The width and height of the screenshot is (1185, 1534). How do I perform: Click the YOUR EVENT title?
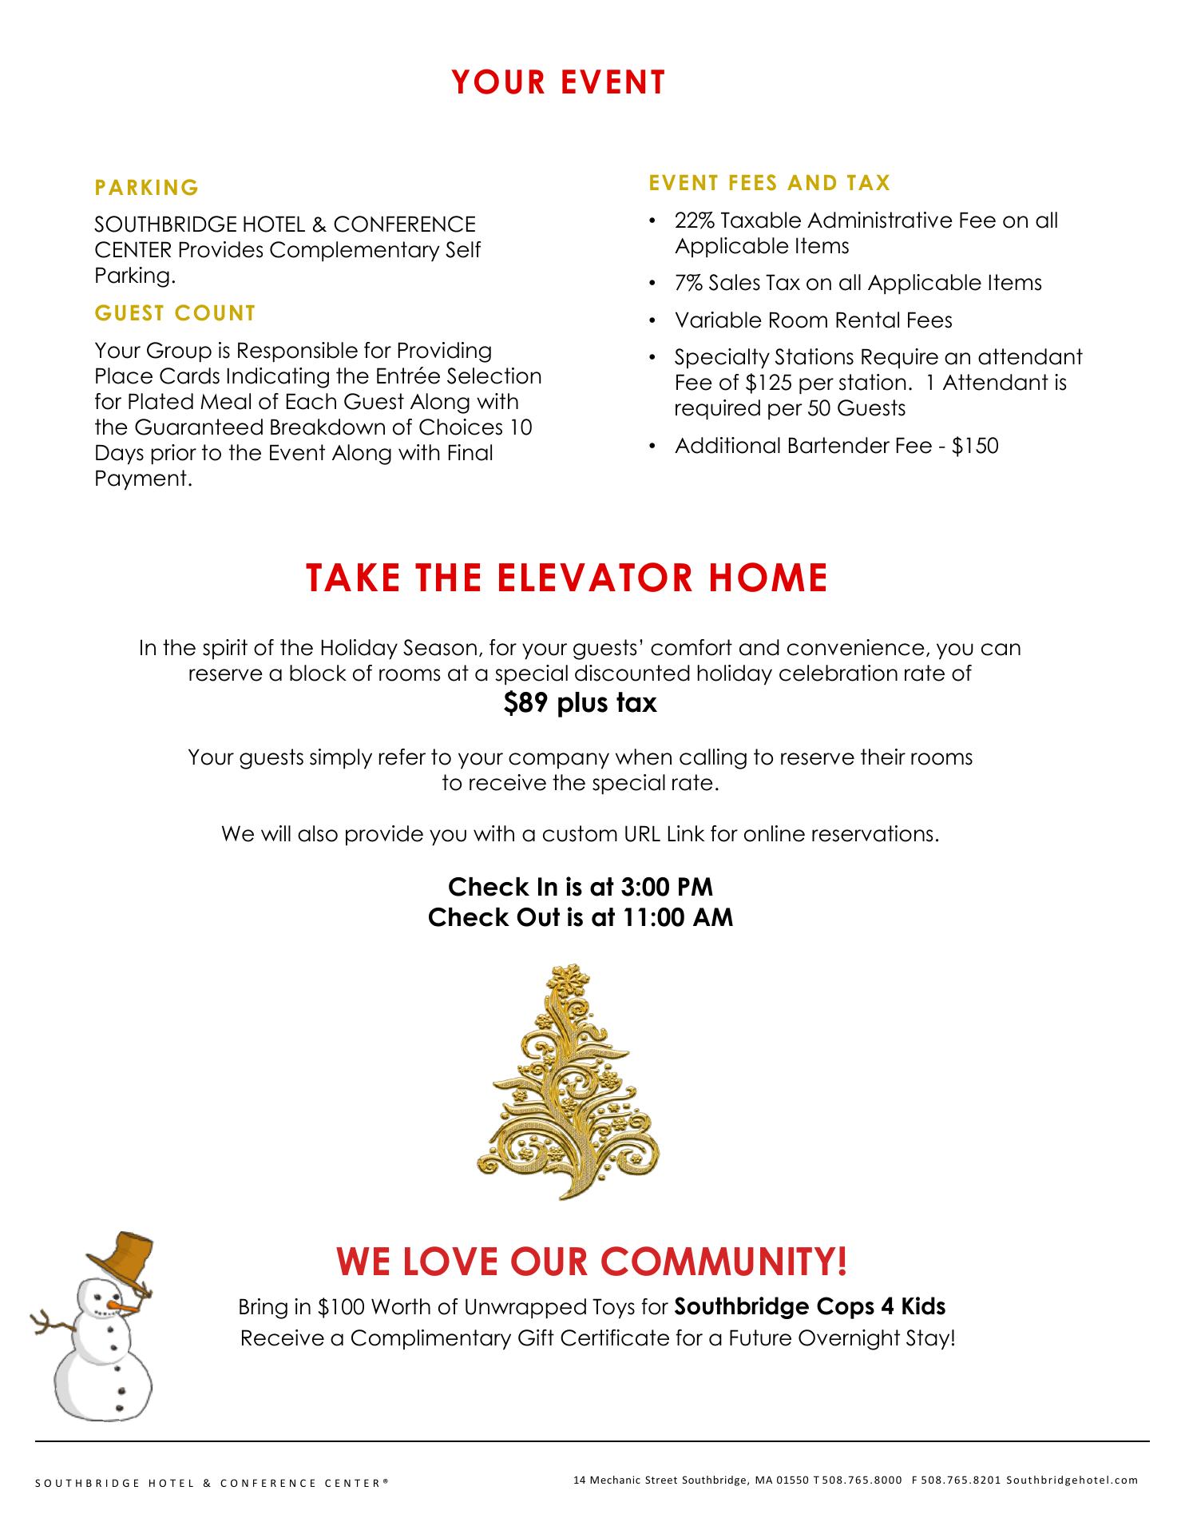coord(558,83)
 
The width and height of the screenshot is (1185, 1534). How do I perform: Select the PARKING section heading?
coord(147,188)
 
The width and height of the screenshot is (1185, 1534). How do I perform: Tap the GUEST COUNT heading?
coord(175,313)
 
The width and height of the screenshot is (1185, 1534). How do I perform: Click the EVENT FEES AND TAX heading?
coord(769,183)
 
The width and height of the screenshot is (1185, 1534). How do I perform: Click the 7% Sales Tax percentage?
coord(690,283)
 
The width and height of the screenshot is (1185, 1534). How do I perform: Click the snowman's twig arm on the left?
coord(50,1326)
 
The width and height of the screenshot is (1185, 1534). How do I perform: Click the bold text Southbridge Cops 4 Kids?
coord(810,1307)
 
